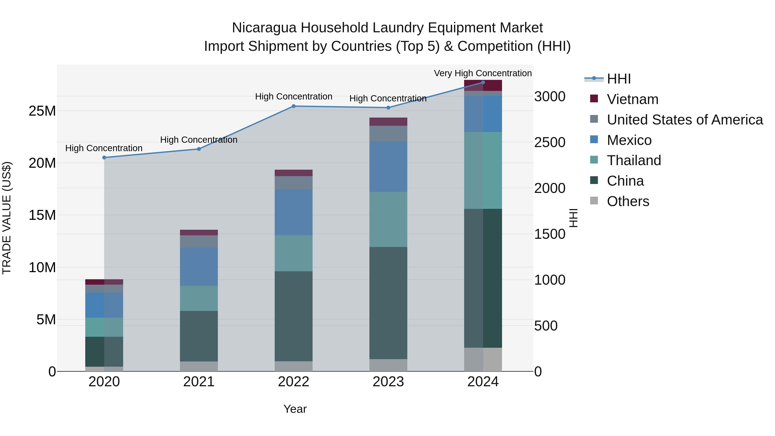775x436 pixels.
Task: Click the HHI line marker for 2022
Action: [293, 106]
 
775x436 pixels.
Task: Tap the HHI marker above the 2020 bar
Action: [104, 157]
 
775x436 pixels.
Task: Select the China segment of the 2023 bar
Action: [388, 303]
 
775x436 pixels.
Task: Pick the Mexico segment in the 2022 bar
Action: [293, 212]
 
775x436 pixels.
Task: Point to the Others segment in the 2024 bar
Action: [483, 359]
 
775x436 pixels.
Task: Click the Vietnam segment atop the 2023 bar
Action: [388, 122]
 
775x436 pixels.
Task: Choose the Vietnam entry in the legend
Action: [632, 99]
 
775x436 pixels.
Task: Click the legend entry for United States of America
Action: [684, 120]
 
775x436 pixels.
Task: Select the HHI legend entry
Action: [618, 79]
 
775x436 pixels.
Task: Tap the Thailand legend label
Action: [634, 160]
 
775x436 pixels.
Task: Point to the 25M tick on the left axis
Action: [42, 111]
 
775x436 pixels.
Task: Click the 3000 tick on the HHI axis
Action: [549, 97]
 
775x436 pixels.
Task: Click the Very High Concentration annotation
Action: [483, 73]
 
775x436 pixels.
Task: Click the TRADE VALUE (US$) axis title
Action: [7, 218]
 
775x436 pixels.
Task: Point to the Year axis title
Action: [295, 409]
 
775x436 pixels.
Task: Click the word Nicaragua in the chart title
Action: [264, 28]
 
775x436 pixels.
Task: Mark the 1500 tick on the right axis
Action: [549, 234]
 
